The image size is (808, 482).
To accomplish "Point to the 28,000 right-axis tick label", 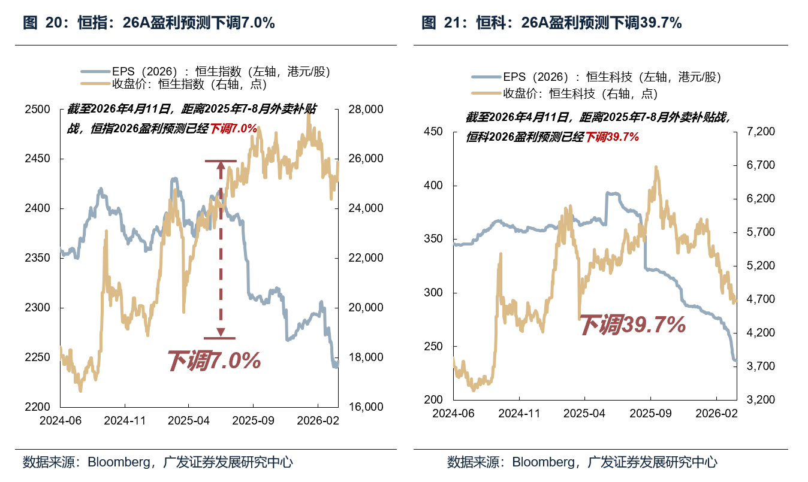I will pyautogui.click(x=365, y=110).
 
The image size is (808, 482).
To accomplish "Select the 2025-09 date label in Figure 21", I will pyautogui.click(x=650, y=413).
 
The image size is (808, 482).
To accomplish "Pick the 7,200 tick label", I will pyautogui.click(x=758, y=132).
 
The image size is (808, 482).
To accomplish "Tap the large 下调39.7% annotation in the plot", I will pyautogui.click(x=632, y=325).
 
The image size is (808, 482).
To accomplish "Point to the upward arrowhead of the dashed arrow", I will pyautogui.click(x=221, y=166).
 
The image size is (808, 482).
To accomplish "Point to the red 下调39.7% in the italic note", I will pyautogui.click(x=612, y=137).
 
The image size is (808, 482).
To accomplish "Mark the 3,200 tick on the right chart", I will pyautogui.click(x=758, y=400).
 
